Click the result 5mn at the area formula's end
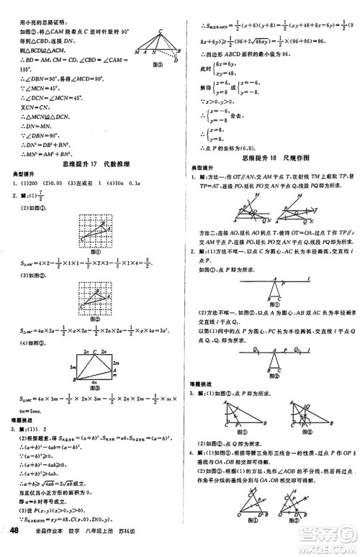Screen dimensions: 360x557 coord(30,411)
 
